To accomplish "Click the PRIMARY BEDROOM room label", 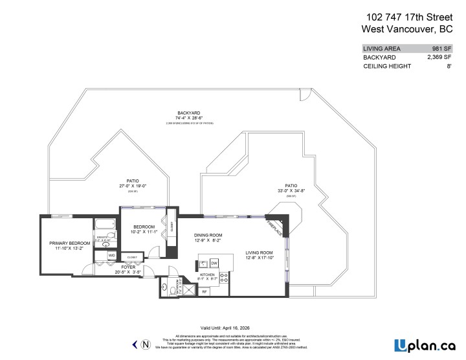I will (x=68, y=243).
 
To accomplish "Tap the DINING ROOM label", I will (x=208, y=235).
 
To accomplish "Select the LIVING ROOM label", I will (x=260, y=253).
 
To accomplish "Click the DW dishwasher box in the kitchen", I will (x=214, y=263).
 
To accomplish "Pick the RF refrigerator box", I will (x=205, y=292).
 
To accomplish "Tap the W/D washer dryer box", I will (x=112, y=256).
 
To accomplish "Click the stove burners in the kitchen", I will (x=224, y=277).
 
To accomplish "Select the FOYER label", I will (x=129, y=267).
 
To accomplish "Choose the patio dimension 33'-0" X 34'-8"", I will (x=291, y=190).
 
